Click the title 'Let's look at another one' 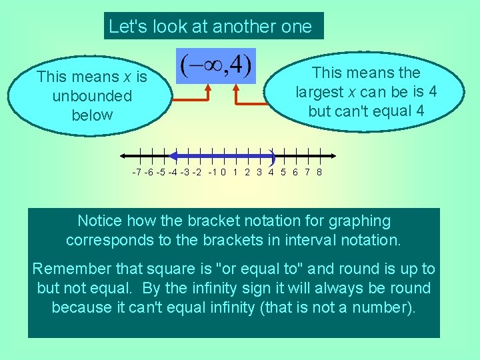click(210, 27)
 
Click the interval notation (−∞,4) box click(215, 65)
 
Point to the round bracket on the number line click(273, 157)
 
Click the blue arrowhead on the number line click(173, 156)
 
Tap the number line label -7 click(136, 173)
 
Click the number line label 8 click(319, 173)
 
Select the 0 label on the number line click(223, 173)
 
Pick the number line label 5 click(283, 173)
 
